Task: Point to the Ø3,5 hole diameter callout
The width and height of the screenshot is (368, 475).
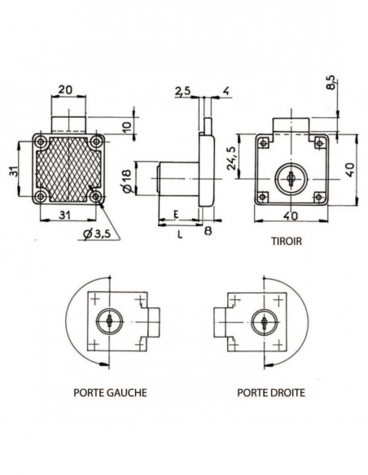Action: [97, 234]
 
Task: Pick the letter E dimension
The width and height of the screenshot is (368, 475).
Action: [176, 216]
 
